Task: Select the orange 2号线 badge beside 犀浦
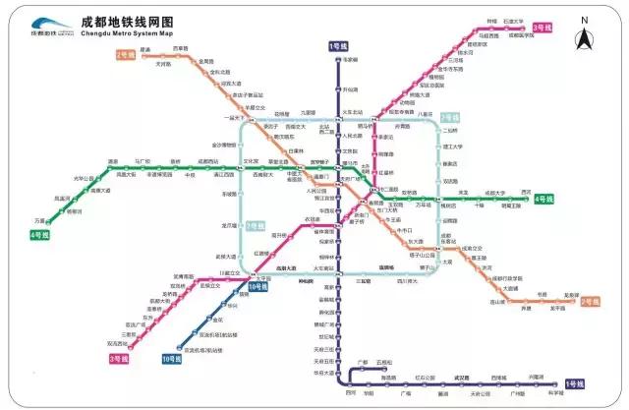pos(127,54)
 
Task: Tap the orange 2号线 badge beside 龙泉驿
pos(590,301)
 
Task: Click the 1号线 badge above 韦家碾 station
pos(338,46)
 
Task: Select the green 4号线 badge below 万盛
pos(39,236)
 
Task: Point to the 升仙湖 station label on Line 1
pos(352,87)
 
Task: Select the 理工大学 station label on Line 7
pos(453,146)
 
